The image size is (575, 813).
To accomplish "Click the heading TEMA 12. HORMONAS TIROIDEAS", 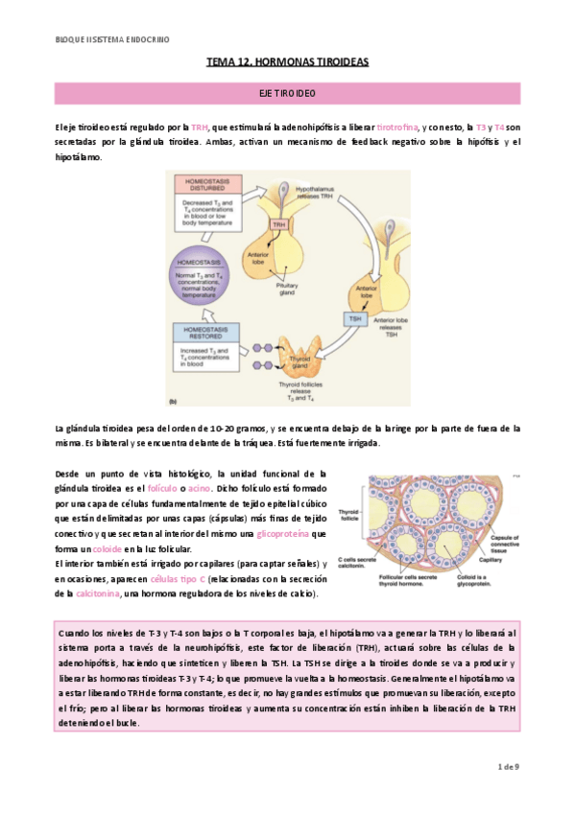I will (287, 61).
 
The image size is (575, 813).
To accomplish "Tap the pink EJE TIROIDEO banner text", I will (287, 94).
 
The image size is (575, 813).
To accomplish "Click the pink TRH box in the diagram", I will (278, 224).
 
